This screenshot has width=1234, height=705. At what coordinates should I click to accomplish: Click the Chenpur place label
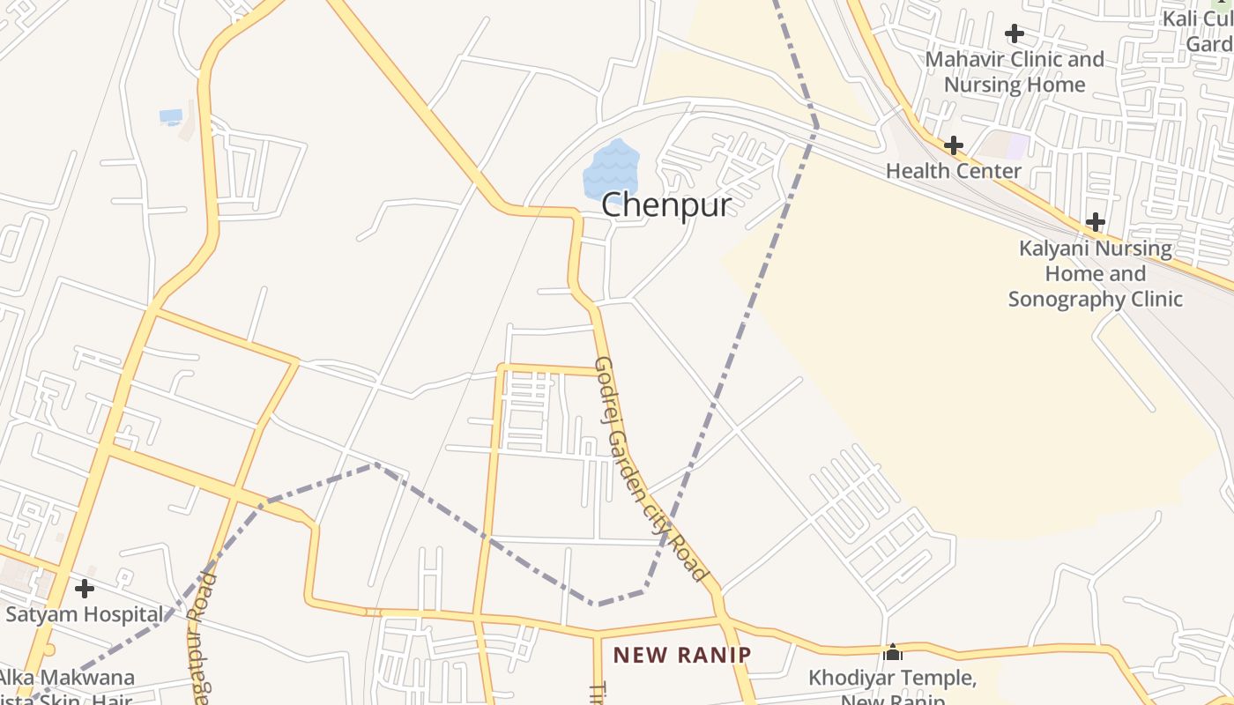click(x=666, y=205)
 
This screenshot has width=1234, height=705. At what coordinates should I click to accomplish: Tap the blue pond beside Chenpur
click(x=611, y=167)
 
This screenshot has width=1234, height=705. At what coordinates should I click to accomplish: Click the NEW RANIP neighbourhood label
click(x=682, y=655)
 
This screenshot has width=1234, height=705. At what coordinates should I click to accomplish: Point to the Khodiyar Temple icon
click(x=893, y=652)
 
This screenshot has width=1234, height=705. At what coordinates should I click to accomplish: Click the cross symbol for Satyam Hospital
click(x=85, y=588)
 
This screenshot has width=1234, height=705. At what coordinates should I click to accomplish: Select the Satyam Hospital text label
click(x=85, y=614)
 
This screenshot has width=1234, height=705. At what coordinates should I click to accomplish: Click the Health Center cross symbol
click(x=953, y=145)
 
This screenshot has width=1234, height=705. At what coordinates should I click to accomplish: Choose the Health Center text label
click(x=953, y=171)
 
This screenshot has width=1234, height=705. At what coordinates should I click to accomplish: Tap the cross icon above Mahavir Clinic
click(x=1015, y=33)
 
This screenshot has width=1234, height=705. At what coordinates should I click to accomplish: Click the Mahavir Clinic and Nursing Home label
click(x=1015, y=72)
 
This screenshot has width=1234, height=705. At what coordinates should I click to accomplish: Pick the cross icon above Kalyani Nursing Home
click(x=1096, y=222)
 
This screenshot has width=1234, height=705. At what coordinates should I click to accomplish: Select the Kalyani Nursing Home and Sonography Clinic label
click(x=1096, y=273)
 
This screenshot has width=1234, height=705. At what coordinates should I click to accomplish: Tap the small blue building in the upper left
click(x=170, y=115)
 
